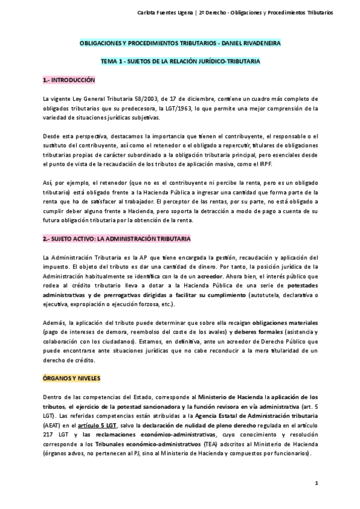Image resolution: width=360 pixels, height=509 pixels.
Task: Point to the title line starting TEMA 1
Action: tap(180, 62)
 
